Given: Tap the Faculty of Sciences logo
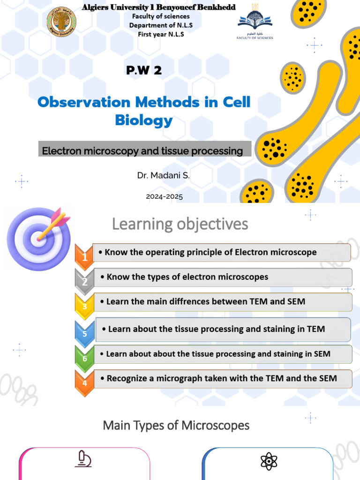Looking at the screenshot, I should (x=255, y=24).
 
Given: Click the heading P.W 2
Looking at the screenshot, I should (x=144, y=71).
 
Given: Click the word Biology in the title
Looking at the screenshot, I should (x=144, y=120).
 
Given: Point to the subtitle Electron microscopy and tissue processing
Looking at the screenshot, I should (x=142, y=151).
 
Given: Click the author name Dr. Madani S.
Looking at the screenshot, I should (x=164, y=176).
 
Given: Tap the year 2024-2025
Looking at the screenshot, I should (x=164, y=197).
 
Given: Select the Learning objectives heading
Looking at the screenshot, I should (x=180, y=225).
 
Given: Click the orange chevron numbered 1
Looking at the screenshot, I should (x=84, y=256).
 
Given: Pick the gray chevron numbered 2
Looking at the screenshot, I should (x=84, y=281).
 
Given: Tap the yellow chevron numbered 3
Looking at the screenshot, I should (x=84, y=306).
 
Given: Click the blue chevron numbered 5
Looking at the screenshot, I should (x=84, y=333).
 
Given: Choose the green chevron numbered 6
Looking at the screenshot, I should (x=84, y=358).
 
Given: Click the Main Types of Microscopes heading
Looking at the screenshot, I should (x=176, y=426).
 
